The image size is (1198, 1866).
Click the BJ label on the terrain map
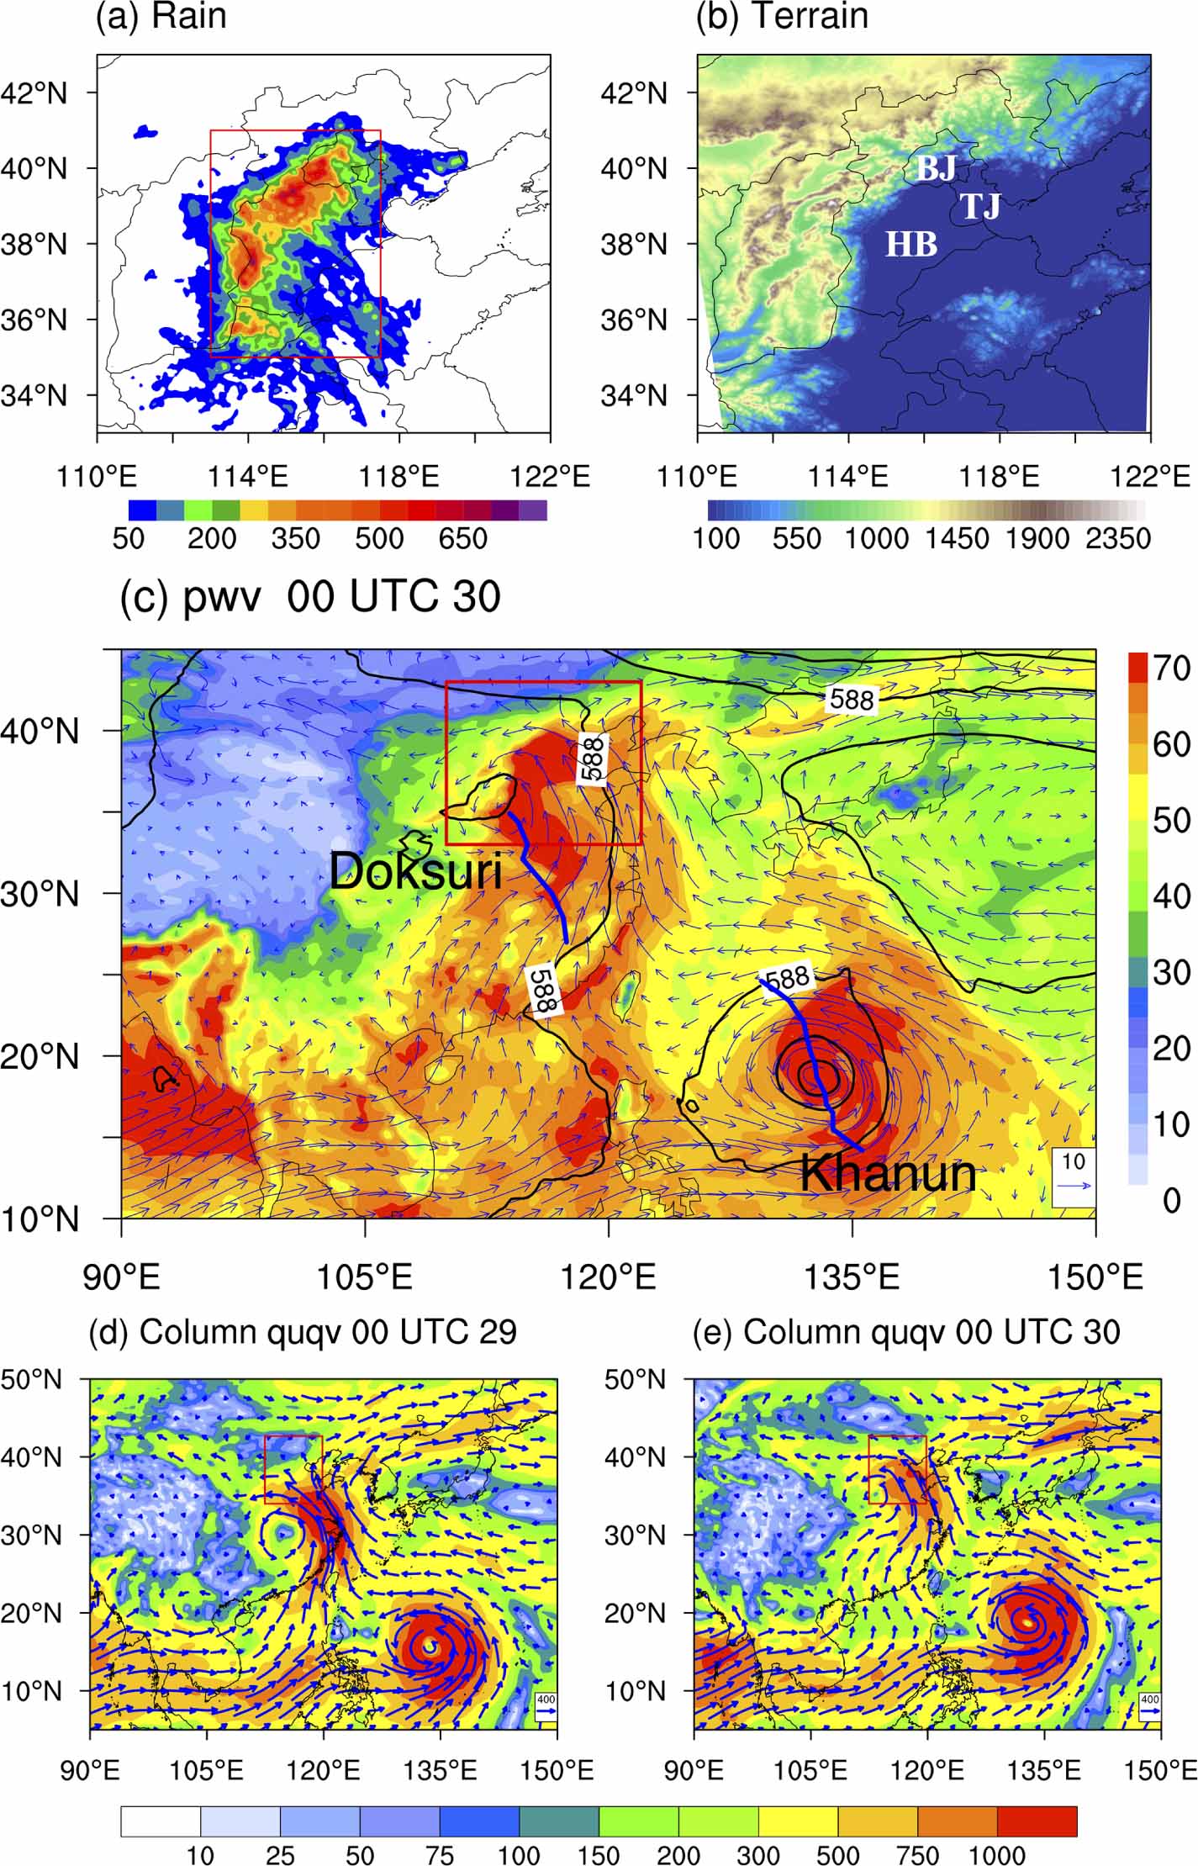(x=936, y=169)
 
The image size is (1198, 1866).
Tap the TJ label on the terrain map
(x=980, y=206)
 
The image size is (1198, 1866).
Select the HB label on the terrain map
(x=911, y=245)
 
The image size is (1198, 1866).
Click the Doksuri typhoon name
(x=415, y=871)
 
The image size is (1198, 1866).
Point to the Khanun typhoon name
(x=888, y=1173)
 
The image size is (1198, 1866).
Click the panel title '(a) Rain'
(x=161, y=17)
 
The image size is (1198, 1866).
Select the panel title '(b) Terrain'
(x=782, y=17)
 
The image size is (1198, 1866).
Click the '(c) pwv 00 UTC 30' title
(x=311, y=597)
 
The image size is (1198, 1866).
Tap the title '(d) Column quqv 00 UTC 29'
(x=303, y=1332)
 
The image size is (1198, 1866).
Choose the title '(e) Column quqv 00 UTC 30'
(x=906, y=1332)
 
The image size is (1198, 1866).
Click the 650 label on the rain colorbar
(x=462, y=539)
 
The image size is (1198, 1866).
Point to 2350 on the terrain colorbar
(x=1117, y=539)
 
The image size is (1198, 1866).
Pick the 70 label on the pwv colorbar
(x=1171, y=669)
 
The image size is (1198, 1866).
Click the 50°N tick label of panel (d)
(x=32, y=1380)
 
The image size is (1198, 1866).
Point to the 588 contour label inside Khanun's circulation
(x=787, y=978)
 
